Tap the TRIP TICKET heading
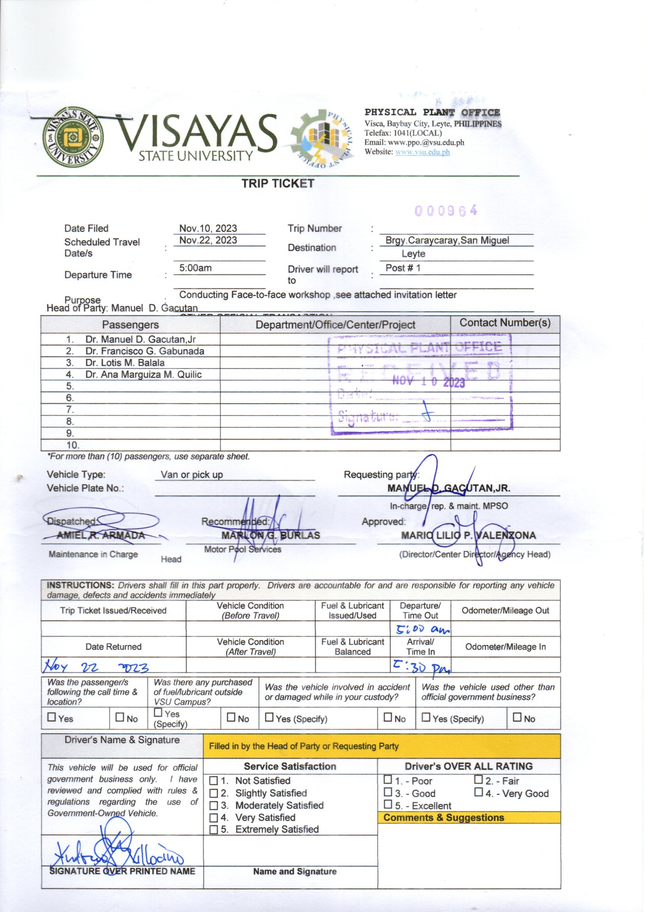(x=278, y=183)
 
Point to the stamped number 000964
(x=446, y=211)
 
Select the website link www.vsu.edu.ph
(x=422, y=152)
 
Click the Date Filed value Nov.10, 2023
(x=208, y=229)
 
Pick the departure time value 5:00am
(x=195, y=268)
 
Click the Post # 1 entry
(x=403, y=268)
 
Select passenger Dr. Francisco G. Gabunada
(x=145, y=351)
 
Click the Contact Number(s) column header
(x=505, y=323)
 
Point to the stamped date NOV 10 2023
(x=428, y=382)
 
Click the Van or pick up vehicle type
(x=192, y=475)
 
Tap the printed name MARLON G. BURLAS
(x=271, y=536)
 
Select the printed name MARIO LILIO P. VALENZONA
(x=468, y=536)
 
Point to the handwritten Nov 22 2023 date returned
(x=96, y=667)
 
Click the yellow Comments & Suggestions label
(x=444, y=818)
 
